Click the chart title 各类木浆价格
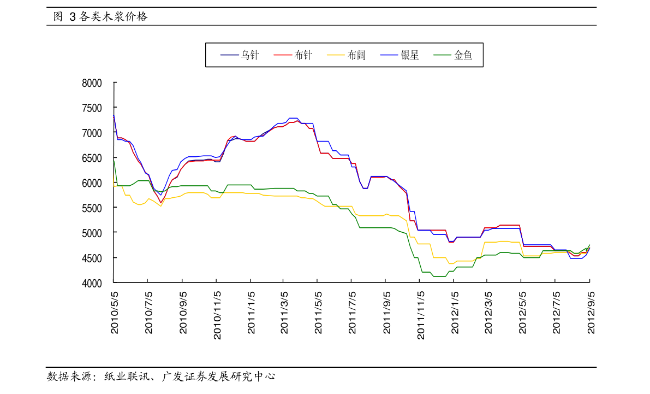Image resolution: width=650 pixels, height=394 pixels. [113, 16]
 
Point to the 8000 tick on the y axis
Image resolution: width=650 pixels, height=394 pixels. [92, 83]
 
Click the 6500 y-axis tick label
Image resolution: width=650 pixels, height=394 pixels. [92, 158]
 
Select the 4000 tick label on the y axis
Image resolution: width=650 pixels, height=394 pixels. [92, 283]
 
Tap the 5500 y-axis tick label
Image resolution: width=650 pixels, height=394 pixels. [92, 208]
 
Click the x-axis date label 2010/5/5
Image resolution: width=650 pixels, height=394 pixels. [115, 313]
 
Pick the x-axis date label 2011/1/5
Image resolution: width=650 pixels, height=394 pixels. [251, 313]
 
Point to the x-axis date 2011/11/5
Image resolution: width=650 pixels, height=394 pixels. [421, 315]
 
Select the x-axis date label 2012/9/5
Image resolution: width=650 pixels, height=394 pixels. [591, 313]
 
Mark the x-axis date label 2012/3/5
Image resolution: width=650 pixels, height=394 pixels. [488, 313]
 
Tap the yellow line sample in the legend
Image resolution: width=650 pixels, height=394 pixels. [336, 55]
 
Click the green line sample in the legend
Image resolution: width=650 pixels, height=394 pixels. [442, 55]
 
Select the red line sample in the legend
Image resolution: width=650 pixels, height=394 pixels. [283, 55]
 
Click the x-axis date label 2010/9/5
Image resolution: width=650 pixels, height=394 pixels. [183, 313]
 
